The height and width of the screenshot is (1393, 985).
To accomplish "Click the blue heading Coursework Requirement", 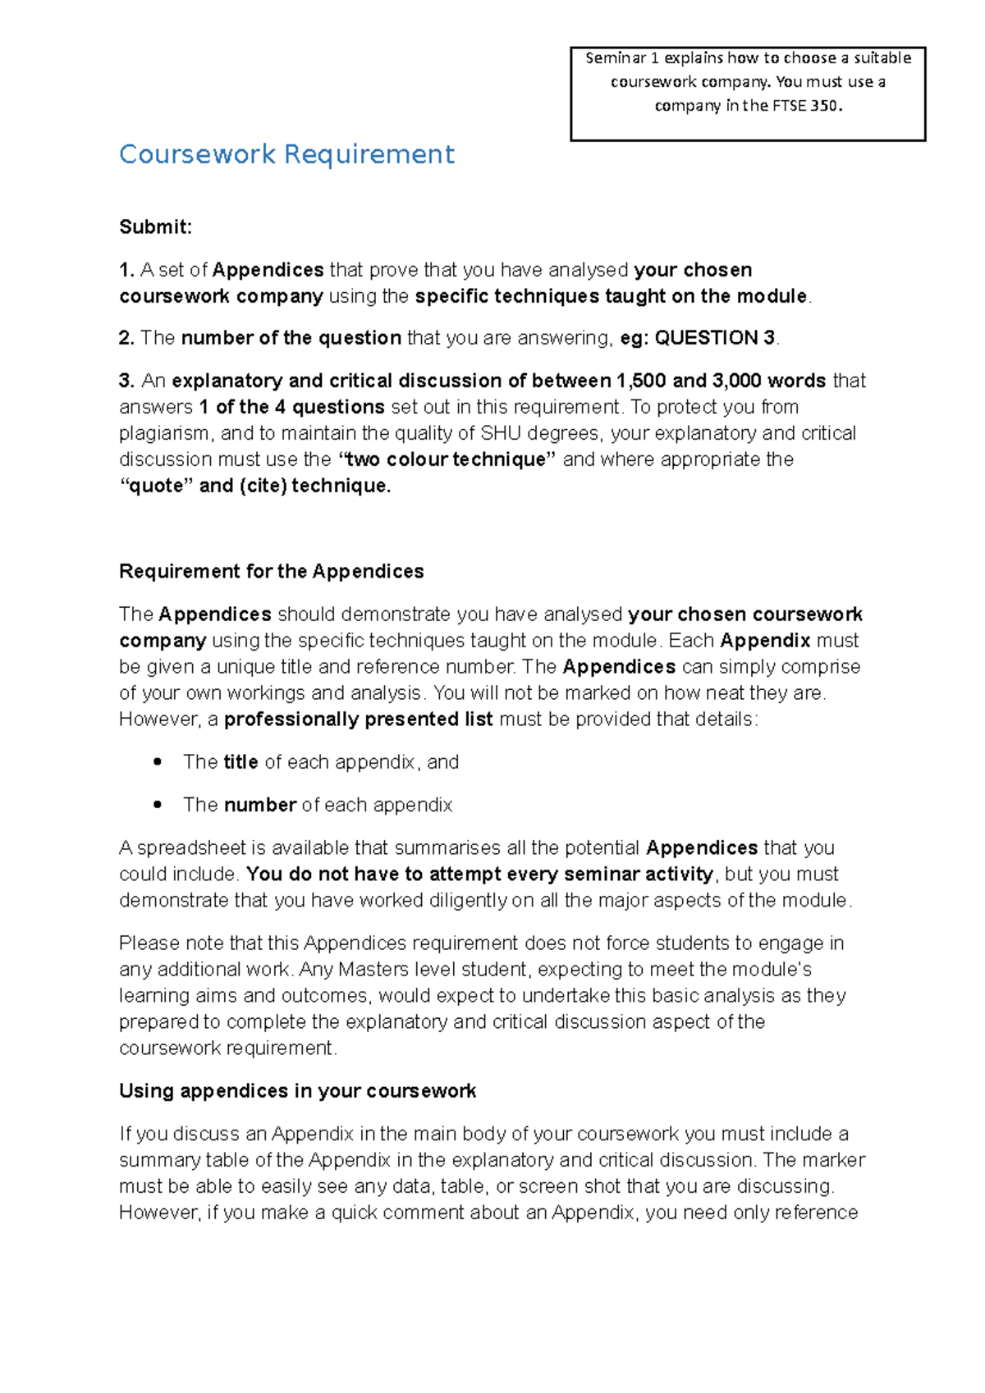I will tap(286, 154).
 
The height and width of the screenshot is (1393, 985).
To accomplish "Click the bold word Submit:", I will tap(155, 227).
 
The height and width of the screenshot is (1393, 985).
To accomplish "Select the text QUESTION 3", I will tap(714, 338).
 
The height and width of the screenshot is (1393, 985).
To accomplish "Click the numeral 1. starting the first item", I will tap(126, 270).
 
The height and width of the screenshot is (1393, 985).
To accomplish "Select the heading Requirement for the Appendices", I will tap(271, 572).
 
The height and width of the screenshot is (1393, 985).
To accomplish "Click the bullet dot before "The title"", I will tap(157, 762).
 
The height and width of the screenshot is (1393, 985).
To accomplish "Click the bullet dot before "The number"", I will tap(157, 805).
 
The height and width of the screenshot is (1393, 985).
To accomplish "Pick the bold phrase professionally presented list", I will tap(358, 719).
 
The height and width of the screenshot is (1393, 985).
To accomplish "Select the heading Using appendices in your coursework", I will tap(297, 1091).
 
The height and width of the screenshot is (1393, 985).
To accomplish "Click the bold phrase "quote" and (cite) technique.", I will tap(255, 486).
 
